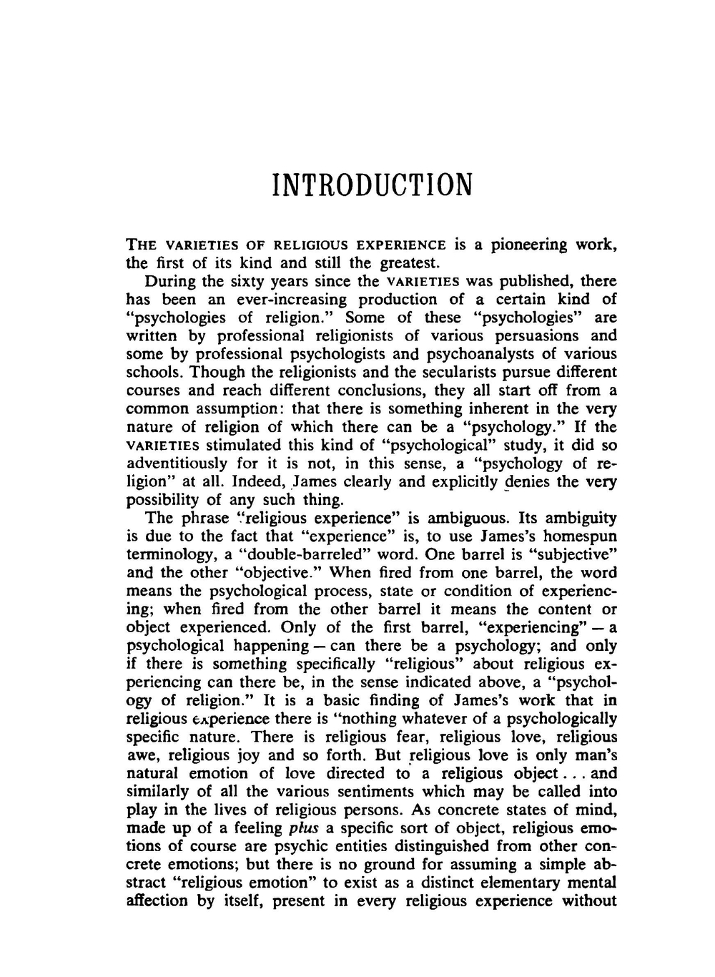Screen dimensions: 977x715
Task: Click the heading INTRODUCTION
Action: tap(373, 185)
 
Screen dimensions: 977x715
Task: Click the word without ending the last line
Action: tap(589, 901)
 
